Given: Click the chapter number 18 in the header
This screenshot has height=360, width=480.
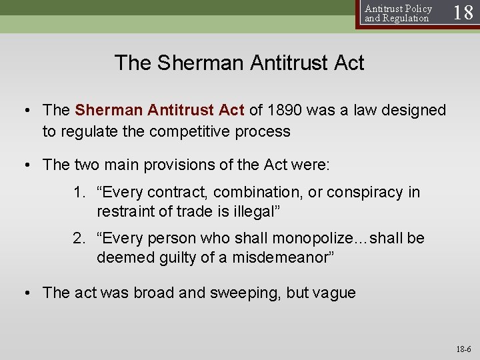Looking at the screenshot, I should tap(463, 13).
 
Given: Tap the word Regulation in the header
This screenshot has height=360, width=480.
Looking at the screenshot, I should tap(406, 19).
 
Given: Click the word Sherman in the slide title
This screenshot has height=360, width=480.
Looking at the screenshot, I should tap(201, 63).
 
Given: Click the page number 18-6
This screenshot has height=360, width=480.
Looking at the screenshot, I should tap(463, 349).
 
